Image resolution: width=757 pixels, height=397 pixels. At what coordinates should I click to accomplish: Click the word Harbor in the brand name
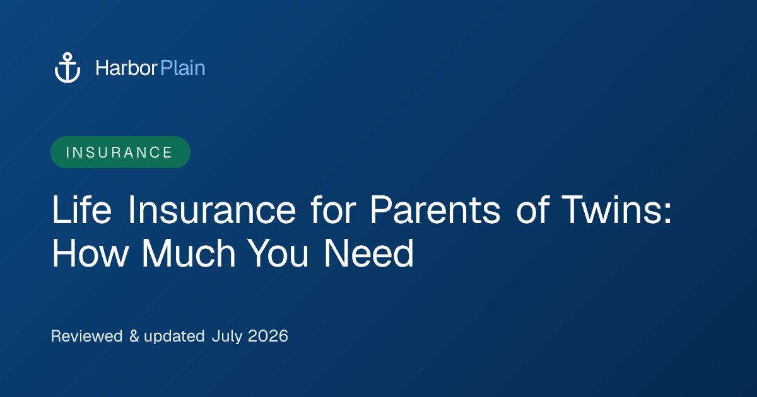tap(126, 68)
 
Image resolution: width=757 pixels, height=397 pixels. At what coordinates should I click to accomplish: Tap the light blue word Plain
tap(183, 68)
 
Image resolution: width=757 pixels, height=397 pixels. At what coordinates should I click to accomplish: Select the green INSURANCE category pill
tap(120, 152)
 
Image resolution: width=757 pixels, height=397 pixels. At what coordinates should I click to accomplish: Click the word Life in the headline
tap(81, 210)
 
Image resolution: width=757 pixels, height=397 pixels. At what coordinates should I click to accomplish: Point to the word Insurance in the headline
tap(212, 210)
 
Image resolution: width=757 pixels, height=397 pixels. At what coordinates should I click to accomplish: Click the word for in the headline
tap(333, 210)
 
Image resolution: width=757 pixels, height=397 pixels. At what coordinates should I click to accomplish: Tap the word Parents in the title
tap(435, 210)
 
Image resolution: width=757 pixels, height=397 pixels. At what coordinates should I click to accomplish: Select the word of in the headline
tap(533, 210)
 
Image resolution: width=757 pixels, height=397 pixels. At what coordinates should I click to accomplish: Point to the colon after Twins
tap(667, 214)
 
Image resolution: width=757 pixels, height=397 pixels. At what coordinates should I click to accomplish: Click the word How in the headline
tap(90, 253)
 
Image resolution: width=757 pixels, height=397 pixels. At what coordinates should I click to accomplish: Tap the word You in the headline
tap(278, 253)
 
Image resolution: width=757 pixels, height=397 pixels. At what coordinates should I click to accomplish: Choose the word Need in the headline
tap(368, 253)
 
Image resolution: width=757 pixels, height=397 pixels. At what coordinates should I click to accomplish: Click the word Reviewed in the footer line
tap(86, 336)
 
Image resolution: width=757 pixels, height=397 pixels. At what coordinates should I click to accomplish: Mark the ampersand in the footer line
tap(134, 336)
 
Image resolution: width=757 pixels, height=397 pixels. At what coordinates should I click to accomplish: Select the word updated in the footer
tap(174, 337)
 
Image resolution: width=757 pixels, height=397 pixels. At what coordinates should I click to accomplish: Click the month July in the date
tap(227, 337)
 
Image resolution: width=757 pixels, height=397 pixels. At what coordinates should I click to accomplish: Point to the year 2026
tap(268, 336)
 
